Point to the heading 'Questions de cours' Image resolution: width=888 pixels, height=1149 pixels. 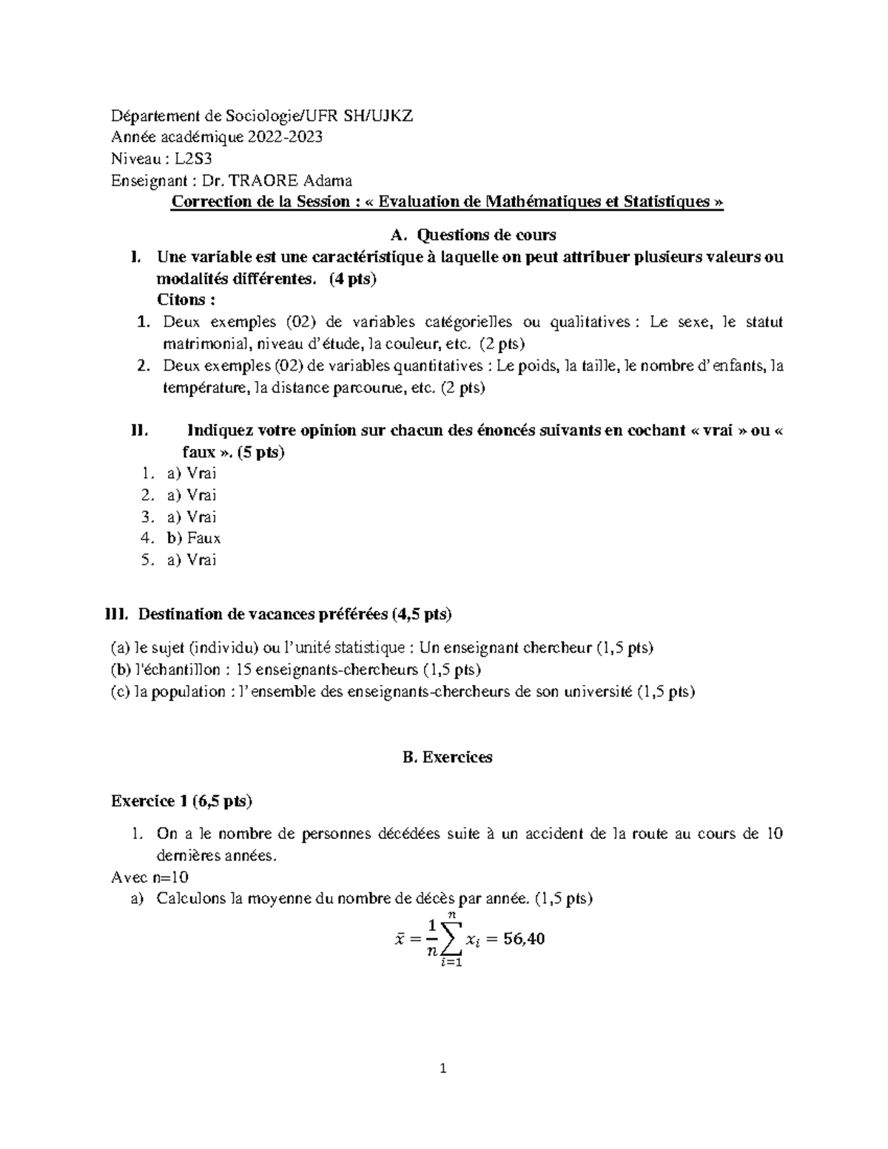(x=486, y=235)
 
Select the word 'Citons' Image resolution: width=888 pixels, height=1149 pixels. (x=184, y=300)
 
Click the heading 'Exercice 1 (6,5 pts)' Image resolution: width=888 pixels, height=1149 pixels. (x=181, y=801)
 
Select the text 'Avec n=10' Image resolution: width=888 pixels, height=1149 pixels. (x=149, y=877)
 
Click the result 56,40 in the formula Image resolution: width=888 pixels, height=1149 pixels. (x=524, y=940)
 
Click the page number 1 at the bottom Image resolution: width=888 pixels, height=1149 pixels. (x=443, y=1089)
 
